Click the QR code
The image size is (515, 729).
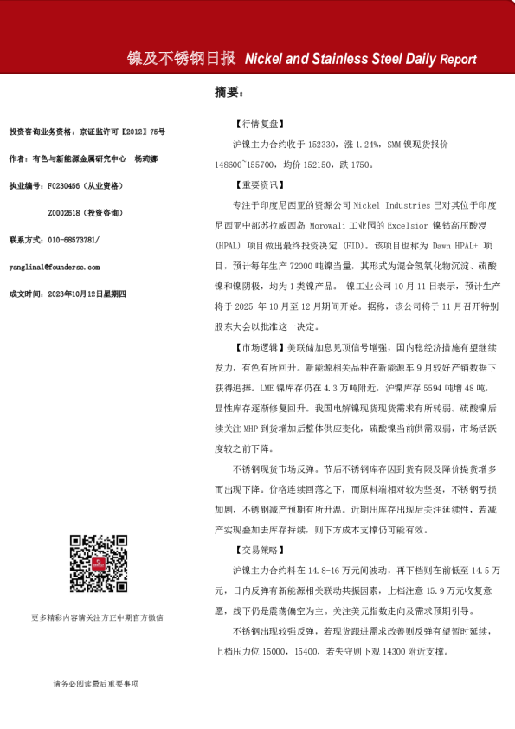(x=95, y=564)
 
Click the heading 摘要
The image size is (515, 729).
(x=228, y=91)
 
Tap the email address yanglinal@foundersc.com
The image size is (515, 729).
(x=54, y=268)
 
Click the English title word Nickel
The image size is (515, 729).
(x=264, y=60)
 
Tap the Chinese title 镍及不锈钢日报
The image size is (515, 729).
(x=181, y=59)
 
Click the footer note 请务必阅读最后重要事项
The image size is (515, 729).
(x=95, y=684)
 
